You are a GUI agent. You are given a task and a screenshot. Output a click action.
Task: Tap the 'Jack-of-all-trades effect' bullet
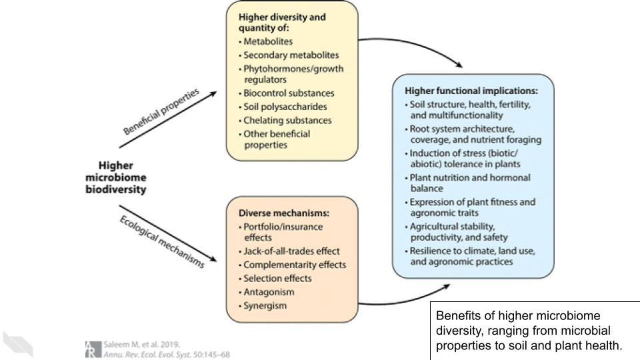click(291, 251)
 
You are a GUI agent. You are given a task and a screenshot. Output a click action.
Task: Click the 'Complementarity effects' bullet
click(294, 265)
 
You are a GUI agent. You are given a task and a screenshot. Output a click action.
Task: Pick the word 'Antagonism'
click(269, 292)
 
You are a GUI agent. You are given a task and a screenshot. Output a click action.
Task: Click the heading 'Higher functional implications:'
click(471, 90)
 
